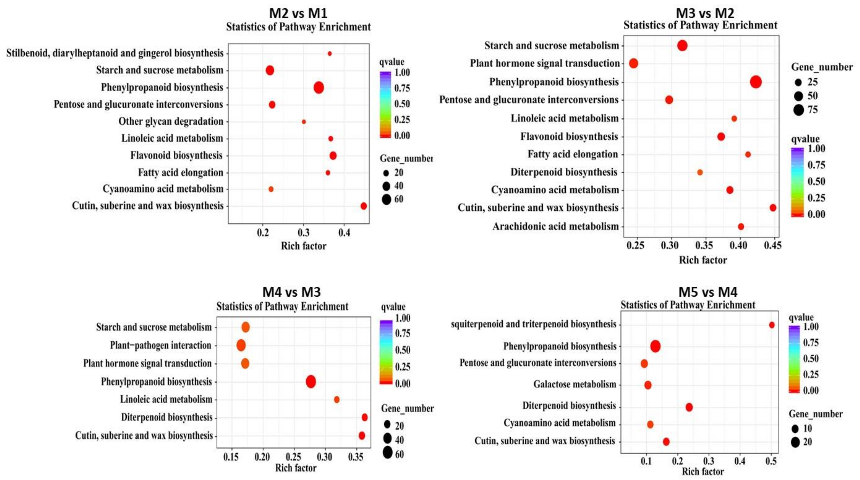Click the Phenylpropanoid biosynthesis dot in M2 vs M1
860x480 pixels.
click(x=319, y=88)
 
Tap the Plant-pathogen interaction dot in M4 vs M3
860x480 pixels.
click(x=241, y=345)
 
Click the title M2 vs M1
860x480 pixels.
click(x=298, y=13)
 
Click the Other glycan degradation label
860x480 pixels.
click(x=171, y=121)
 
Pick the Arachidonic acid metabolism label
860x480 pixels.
click(x=555, y=226)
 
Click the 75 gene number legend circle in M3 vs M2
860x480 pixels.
click(x=799, y=110)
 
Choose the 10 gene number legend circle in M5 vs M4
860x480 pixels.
click(x=795, y=429)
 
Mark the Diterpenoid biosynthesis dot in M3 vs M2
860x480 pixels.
click(x=700, y=172)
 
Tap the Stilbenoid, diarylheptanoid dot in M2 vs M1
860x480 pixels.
click(x=330, y=54)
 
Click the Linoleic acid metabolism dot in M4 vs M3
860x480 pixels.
click(x=337, y=399)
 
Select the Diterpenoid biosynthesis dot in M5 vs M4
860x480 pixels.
click(x=689, y=407)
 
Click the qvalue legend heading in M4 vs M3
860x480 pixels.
click(x=393, y=307)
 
